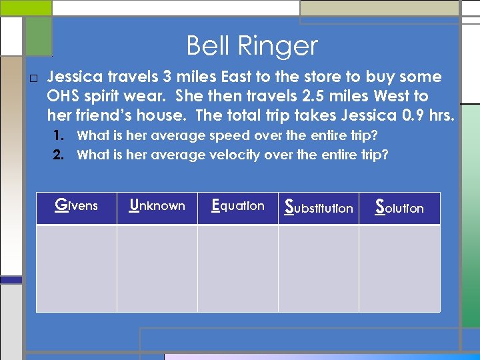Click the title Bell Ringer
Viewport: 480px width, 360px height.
tap(252, 46)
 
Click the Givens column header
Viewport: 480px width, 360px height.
tap(76, 206)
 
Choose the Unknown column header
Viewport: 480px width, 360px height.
tap(157, 206)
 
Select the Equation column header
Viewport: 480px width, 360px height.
tap(237, 206)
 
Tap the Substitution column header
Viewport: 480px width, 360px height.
tap(319, 207)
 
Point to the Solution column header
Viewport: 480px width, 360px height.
tap(399, 207)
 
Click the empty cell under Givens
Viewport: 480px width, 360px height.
tap(76, 268)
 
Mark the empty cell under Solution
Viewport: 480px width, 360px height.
tap(399, 268)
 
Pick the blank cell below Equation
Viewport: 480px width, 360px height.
tap(237, 268)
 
